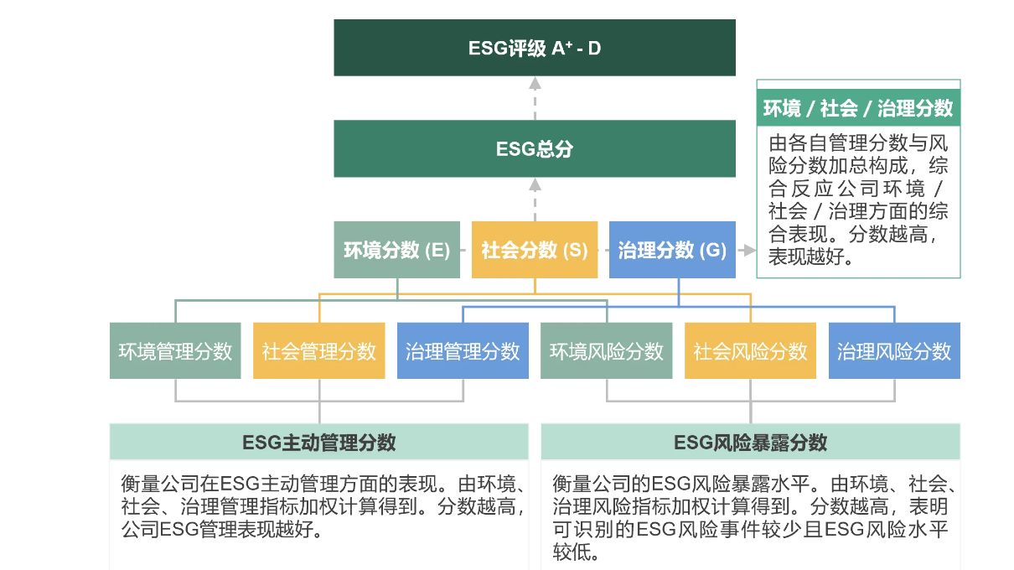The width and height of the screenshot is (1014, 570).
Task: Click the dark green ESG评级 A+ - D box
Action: coord(535,48)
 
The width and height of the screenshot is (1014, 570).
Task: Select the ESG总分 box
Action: coord(535,149)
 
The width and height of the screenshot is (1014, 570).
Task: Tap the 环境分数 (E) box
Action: coord(396,250)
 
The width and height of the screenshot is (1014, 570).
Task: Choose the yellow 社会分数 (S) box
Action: coord(535,250)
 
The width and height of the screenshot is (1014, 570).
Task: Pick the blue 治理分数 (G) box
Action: coord(672,250)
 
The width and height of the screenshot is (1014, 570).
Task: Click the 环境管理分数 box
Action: coord(175,351)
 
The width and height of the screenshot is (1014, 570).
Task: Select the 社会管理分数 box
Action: coord(319,351)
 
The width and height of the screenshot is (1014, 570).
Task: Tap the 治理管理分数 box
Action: coord(463,351)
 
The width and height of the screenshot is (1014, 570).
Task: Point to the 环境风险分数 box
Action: coord(606,351)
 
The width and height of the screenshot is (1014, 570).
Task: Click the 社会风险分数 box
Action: coord(750,351)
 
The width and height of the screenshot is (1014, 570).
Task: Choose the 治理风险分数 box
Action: coord(894,351)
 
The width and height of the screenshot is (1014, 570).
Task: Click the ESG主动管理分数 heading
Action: coord(319,443)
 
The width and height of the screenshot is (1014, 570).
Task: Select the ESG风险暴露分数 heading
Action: coord(750,443)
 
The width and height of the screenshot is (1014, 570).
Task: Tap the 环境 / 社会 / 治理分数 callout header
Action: coord(858,108)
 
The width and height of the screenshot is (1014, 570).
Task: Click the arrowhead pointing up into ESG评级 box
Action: coord(535,82)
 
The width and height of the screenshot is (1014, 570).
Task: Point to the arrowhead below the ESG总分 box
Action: coord(535,184)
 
